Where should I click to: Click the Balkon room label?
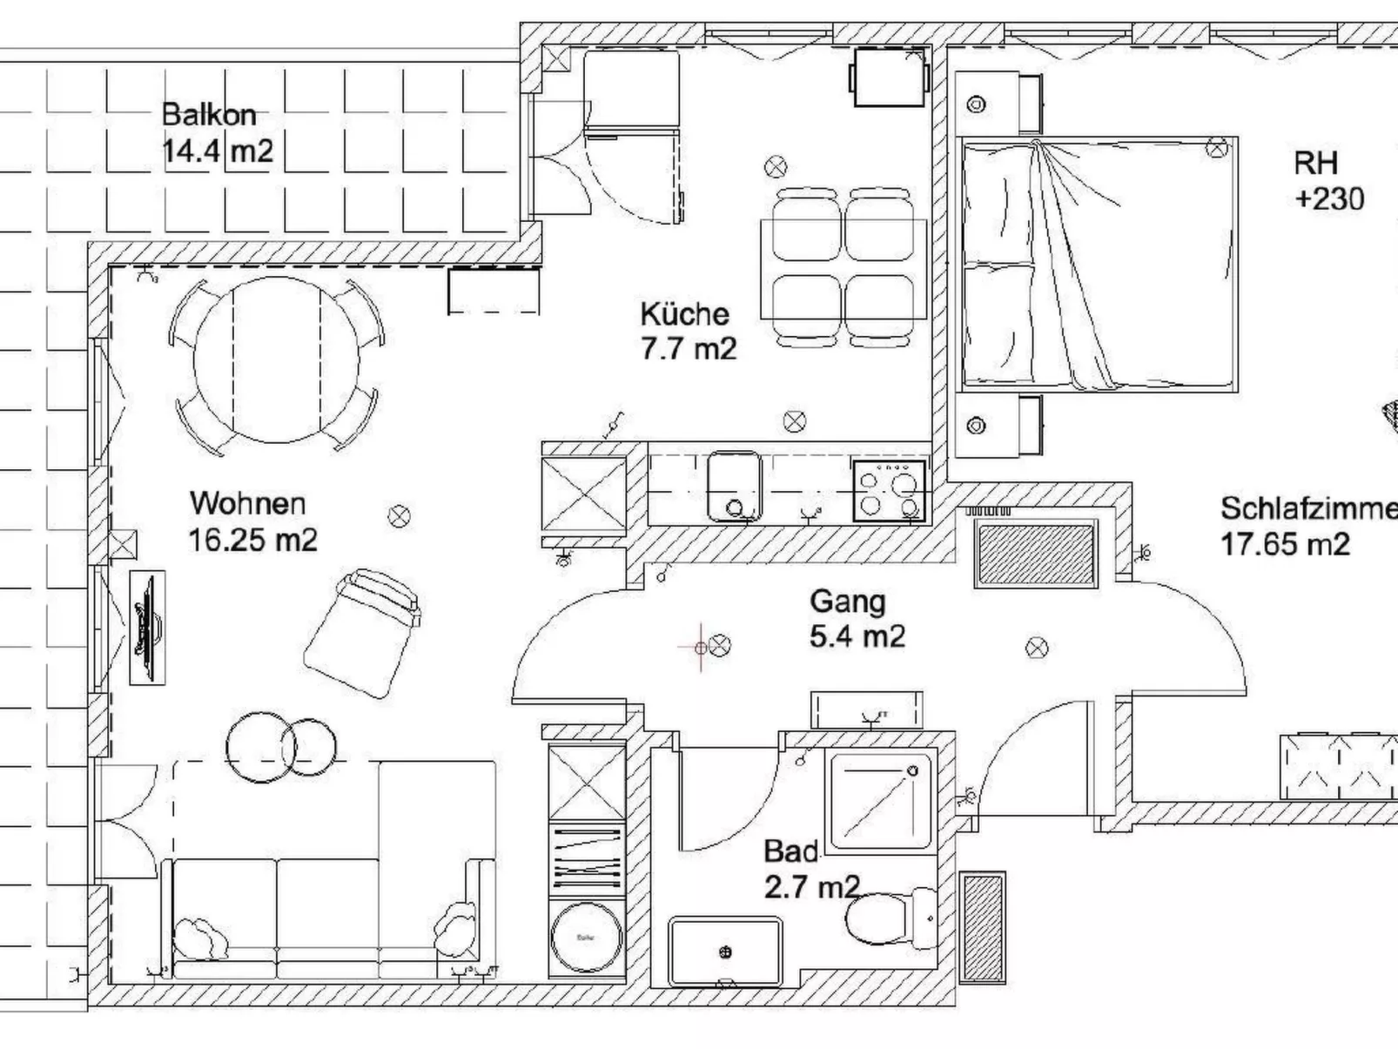click(209, 115)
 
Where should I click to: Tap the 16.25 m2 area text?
click(252, 540)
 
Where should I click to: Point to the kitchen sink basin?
click(734, 486)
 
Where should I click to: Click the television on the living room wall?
click(146, 627)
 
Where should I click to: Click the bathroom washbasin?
click(724, 951)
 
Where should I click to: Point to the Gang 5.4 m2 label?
click(857, 618)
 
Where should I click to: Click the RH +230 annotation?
click(1327, 181)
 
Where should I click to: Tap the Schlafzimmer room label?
click(1306, 508)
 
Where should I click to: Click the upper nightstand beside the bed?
click(998, 104)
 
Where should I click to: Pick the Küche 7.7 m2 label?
click(688, 332)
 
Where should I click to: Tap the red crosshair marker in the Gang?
click(702, 647)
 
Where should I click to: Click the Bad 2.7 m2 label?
click(810, 869)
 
